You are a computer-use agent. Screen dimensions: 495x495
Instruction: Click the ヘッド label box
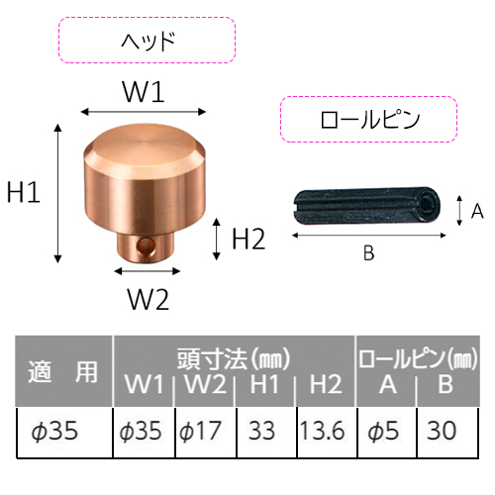click(x=147, y=41)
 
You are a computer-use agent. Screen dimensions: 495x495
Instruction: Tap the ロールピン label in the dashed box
click(x=370, y=120)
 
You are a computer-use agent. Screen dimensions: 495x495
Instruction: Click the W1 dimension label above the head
click(x=144, y=92)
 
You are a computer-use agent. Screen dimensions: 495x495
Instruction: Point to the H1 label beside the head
click(x=24, y=192)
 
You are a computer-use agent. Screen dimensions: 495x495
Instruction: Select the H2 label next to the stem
click(x=248, y=239)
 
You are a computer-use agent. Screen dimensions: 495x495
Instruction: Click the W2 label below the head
click(x=148, y=299)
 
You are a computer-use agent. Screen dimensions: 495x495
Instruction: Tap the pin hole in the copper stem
click(x=147, y=246)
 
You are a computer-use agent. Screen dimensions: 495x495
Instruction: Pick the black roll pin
click(x=366, y=206)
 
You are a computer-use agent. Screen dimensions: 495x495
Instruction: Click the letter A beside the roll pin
click(x=477, y=211)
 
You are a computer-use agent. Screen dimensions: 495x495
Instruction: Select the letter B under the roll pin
click(x=368, y=253)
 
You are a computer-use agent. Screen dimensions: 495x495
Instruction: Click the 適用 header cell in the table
click(x=63, y=371)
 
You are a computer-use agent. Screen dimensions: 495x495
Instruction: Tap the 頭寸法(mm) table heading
click(x=234, y=358)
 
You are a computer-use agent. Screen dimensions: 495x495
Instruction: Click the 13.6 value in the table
click(x=323, y=431)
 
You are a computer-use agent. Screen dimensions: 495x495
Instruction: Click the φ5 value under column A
click(x=383, y=431)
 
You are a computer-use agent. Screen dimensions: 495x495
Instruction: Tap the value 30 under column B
click(x=442, y=431)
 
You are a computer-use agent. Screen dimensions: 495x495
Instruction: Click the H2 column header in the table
click(x=326, y=384)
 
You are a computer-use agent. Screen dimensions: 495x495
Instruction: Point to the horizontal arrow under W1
click(x=144, y=112)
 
